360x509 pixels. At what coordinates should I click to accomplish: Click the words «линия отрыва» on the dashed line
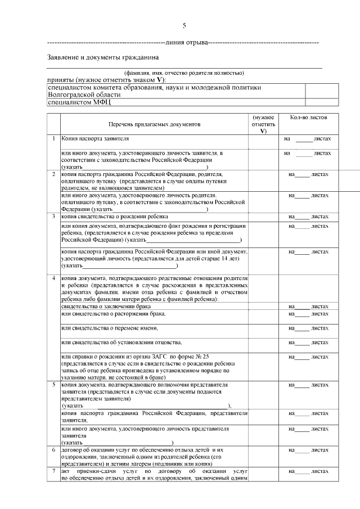[186, 43]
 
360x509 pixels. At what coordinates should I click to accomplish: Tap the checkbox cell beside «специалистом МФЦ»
[314, 102]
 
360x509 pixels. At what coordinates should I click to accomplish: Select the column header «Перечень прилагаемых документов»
[154, 124]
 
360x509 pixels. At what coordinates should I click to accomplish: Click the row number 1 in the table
[53, 138]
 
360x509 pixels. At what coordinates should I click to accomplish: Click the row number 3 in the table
[53, 216]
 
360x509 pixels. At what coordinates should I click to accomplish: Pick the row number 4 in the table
[53, 278]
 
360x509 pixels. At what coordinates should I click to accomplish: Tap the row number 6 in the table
[53, 450]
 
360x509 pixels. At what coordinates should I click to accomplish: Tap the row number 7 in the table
[53, 470]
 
